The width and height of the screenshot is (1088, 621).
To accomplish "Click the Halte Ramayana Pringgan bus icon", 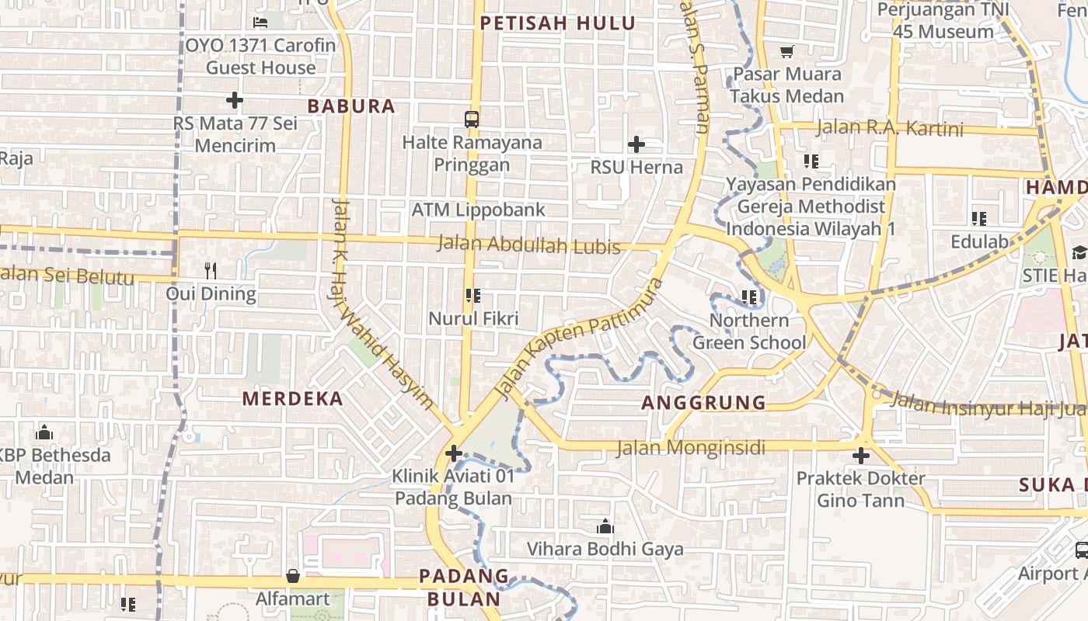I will pos(472,120).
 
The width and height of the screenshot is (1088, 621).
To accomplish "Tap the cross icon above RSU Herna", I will pos(636,144).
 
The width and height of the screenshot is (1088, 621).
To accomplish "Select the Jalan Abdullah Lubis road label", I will pos(529,245).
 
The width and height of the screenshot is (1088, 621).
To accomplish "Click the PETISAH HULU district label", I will pos(557,23).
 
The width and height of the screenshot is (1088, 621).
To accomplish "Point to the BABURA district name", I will pos(351,106).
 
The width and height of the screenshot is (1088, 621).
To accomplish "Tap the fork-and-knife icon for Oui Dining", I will pos(210,270).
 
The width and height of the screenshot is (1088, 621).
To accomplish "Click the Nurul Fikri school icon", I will pos(473,296).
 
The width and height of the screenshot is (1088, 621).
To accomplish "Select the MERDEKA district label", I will pos(292,399).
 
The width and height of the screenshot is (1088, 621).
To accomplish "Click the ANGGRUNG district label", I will pos(704,402).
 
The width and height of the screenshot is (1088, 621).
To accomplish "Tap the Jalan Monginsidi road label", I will pos(691,448).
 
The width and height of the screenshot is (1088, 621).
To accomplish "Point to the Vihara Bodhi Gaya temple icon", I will pos(605,527).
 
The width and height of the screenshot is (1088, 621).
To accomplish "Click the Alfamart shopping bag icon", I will pos(293,576).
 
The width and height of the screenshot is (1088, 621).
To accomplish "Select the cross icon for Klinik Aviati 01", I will pos(454,453).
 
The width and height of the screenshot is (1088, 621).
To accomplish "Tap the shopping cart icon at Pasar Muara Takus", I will pos(787,52).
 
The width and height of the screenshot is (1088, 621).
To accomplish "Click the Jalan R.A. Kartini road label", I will pos(889,128).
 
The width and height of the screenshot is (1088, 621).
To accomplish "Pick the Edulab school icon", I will pos(978,219).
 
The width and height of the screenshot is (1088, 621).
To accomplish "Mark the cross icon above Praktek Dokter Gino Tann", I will pos(860,456).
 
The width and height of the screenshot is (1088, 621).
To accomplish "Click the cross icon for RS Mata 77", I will pos(234,100).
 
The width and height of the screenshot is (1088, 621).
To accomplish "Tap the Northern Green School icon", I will pos(749,297).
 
